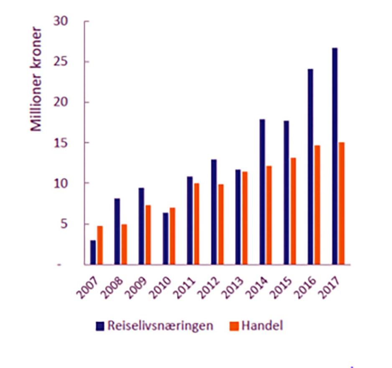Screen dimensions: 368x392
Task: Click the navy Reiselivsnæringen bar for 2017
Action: (335, 156)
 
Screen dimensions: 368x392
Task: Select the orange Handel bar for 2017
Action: (341, 204)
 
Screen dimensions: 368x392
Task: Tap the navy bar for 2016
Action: (311, 167)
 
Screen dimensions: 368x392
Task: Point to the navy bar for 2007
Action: (93, 253)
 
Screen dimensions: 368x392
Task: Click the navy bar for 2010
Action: (165, 239)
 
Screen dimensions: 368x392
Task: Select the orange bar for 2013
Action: (245, 218)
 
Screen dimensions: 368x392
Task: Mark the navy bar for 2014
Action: (262, 192)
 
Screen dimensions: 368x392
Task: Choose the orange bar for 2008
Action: (124, 245)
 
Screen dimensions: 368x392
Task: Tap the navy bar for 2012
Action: (214, 212)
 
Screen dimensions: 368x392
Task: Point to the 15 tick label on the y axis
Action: (62, 143)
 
